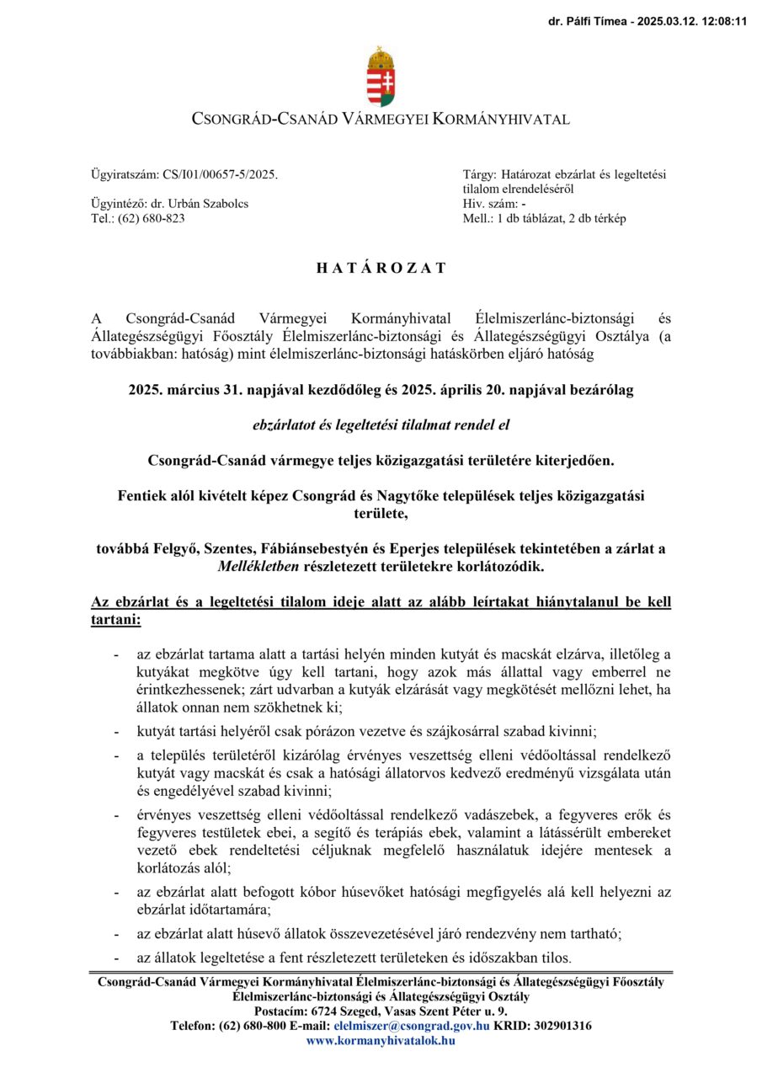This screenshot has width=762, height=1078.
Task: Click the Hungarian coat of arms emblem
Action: click(x=381, y=77)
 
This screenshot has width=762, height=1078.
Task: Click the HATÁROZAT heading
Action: click(x=381, y=269)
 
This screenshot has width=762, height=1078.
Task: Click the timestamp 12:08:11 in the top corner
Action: click(x=724, y=21)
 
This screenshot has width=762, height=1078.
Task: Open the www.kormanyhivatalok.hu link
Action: click(x=381, y=1040)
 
